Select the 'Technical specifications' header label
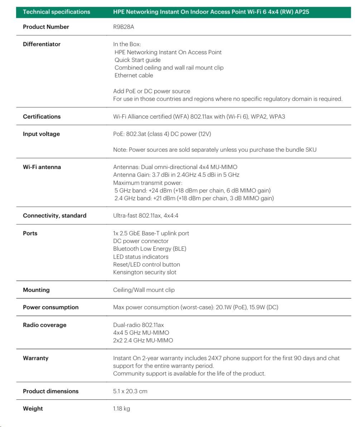[x=57, y=12]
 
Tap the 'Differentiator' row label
[x=42, y=44]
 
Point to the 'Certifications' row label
[x=42, y=116]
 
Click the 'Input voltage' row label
[x=41, y=134]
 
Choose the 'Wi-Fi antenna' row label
[x=42, y=167]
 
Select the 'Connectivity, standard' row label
[x=54, y=216]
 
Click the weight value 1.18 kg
[x=121, y=409]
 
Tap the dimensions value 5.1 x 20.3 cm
[x=130, y=391]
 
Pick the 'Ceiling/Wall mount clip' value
[x=144, y=290]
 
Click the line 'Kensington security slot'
[x=145, y=272]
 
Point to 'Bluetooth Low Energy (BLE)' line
[x=150, y=249]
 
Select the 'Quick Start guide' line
[x=137, y=60]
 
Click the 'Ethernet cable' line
[x=133, y=75]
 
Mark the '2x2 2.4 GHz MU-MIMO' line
[x=143, y=340]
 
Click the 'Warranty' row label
[x=35, y=358]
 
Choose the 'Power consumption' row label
[x=50, y=307]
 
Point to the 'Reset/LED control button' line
[x=146, y=264]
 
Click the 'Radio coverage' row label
[x=44, y=325]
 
